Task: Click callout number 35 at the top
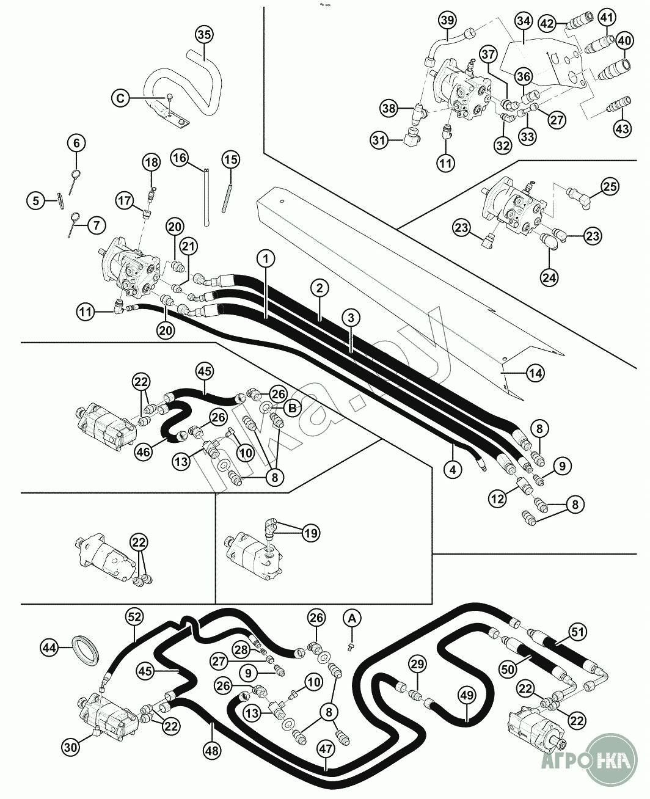[204, 35]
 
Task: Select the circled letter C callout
[120, 97]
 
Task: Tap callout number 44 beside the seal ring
[50, 646]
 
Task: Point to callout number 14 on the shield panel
[535, 372]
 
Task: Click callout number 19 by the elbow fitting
[310, 533]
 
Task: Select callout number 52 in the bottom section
[134, 617]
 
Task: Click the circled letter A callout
[351, 618]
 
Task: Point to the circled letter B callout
[293, 408]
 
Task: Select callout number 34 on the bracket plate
[522, 21]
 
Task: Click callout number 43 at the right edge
[621, 128]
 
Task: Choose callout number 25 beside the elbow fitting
[610, 186]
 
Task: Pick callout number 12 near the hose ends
[497, 499]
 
